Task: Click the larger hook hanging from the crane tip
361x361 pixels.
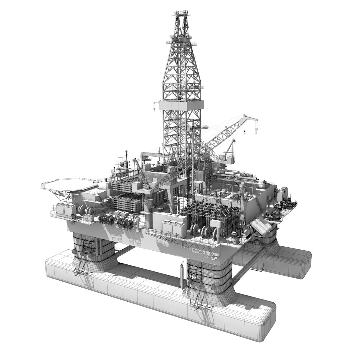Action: tap(256, 129)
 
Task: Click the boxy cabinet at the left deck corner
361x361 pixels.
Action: tap(64, 210)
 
